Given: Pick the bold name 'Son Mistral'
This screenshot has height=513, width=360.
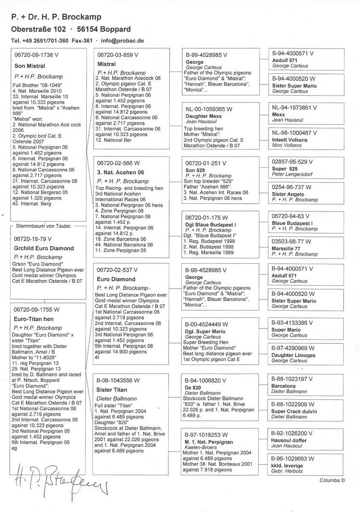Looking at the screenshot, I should pos(29,66).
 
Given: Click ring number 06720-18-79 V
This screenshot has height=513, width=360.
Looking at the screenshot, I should pos(34,238).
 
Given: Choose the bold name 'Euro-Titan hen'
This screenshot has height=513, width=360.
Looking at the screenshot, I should pos(34,319).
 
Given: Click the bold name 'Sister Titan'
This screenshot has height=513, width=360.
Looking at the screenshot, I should pos(112,390).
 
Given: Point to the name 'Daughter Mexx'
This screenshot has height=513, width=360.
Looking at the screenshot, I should pos(203,116).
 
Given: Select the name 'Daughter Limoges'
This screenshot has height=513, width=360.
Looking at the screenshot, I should pos(293,355).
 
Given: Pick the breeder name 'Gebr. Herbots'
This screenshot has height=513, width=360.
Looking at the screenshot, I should pos(287,471).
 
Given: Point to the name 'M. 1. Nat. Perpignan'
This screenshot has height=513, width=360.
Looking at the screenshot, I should pos(209,442).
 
